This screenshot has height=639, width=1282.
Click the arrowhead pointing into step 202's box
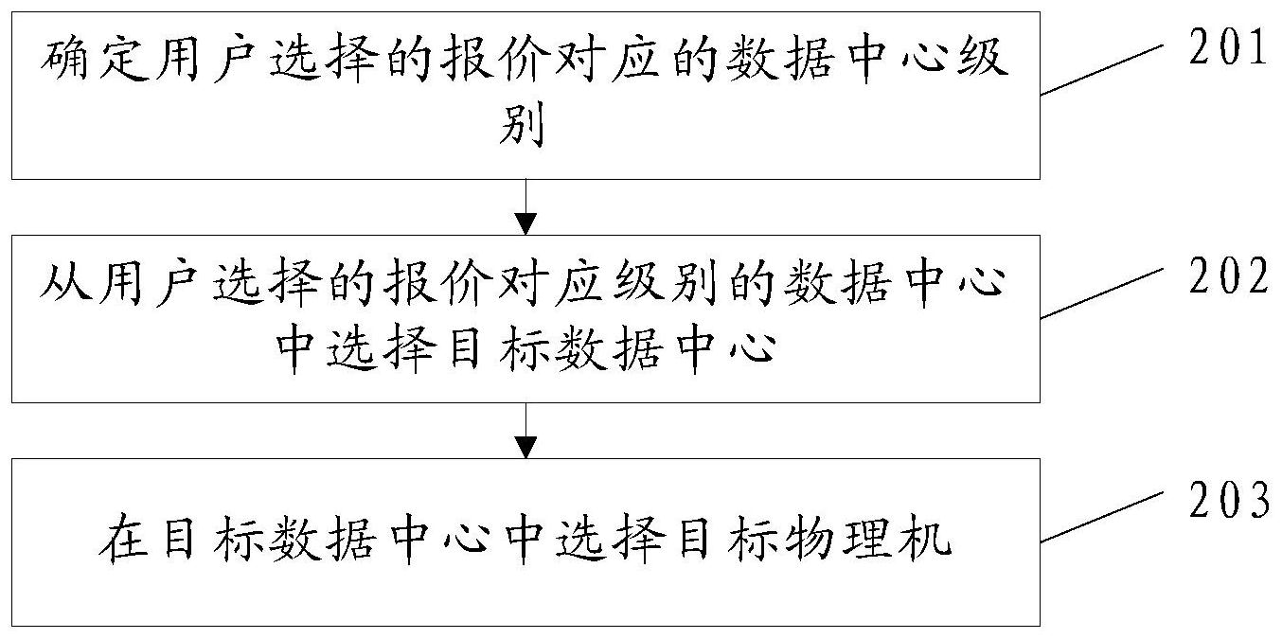pyautogui.click(x=525, y=223)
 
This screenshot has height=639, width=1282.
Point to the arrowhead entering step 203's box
pyautogui.click(x=525, y=447)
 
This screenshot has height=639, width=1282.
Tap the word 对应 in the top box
pyautogui.click(x=597, y=63)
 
